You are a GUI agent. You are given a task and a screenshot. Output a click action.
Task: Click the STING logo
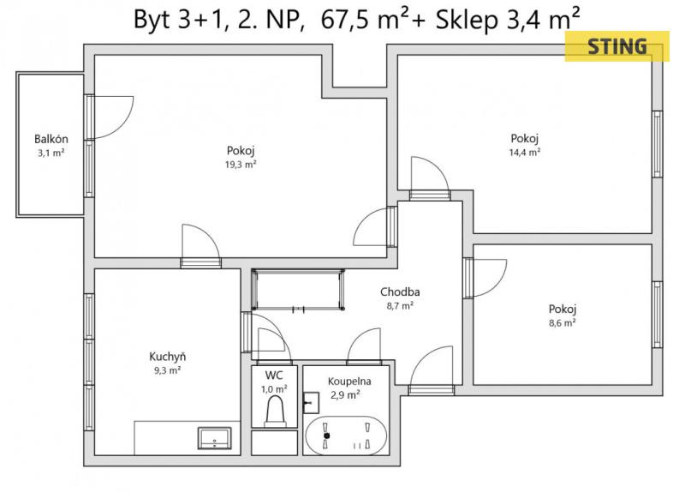[x=616, y=46]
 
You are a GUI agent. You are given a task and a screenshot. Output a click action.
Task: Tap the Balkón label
[x=51, y=139]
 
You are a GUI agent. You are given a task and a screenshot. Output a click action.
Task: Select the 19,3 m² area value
[x=241, y=165]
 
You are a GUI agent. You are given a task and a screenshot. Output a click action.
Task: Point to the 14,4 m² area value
[x=525, y=153]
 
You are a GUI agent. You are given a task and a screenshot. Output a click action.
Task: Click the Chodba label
[x=400, y=292]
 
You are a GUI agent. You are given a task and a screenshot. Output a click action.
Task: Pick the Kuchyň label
[x=167, y=357]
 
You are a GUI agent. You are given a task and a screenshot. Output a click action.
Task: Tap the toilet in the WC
[x=275, y=412]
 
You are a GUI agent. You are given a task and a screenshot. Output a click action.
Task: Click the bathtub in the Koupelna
[x=346, y=436]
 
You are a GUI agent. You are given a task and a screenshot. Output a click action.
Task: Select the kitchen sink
[x=215, y=438]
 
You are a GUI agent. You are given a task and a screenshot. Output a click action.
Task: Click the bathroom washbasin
[x=311, y=402]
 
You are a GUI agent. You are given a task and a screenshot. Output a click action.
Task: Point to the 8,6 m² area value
[x=563, y=323]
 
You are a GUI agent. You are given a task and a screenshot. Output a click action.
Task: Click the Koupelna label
[x=349, y=381]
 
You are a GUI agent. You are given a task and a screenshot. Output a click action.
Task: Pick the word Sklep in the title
[x=467, y=20]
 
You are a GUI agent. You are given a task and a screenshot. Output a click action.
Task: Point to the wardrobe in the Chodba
[x=298, y=290]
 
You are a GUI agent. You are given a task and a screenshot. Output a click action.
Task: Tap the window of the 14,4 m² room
[x=658, y=144]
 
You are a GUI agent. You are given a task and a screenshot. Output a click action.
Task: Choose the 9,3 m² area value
[x=167, y=370]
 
